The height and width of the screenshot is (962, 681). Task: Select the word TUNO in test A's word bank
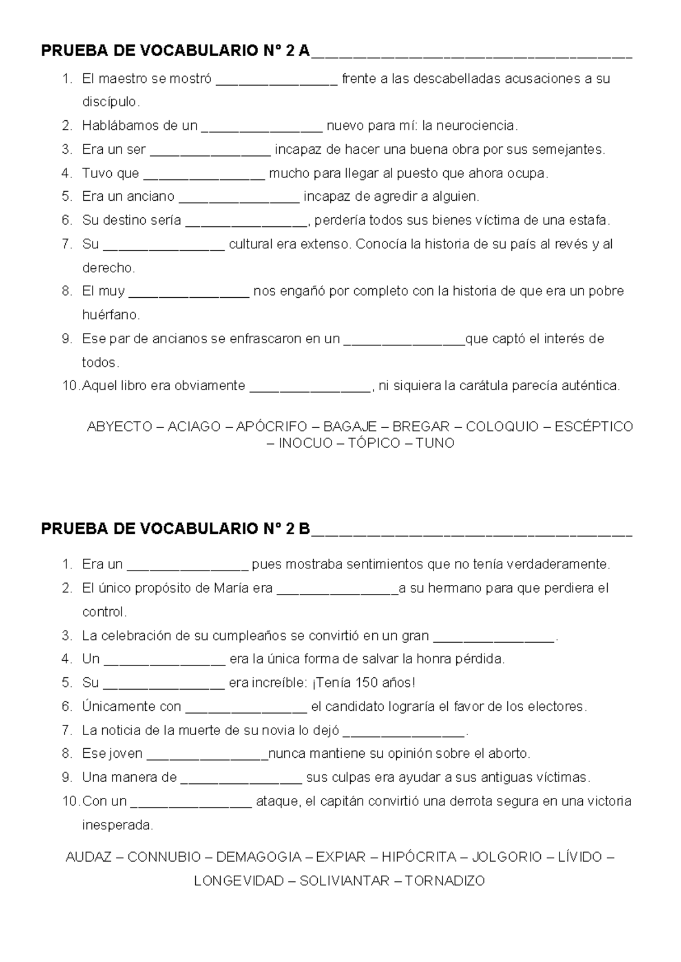click(435, 444)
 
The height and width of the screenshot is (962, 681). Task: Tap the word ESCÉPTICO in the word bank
click(594, 427)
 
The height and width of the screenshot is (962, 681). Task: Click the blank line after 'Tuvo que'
click(204, 174)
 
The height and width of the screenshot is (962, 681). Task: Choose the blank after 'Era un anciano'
click(239, 197)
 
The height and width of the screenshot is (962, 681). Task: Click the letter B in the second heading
click(305, 529)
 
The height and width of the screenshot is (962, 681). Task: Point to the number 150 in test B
click(367, 683)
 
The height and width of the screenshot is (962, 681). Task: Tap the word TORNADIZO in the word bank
click(445, 881)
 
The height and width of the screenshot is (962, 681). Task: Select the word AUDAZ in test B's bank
click(89, 857)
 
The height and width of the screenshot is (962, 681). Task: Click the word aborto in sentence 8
click(510, 754)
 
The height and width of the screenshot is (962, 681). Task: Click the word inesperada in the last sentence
click(117, 825)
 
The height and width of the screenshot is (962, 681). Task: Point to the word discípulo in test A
click(110, 102)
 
